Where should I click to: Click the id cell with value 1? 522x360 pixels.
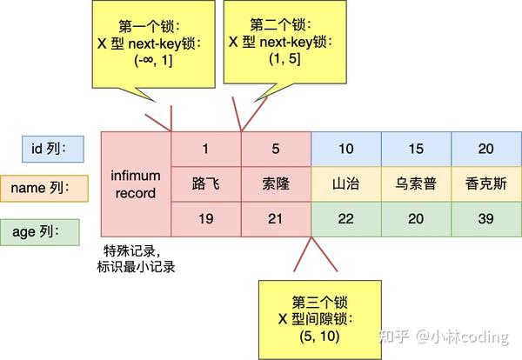[x=205, y=149]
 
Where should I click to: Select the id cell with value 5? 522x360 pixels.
[x=275, y=149]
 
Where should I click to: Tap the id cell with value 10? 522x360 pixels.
[x=345, y=149]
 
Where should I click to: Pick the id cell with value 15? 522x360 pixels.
[x=416, y=149]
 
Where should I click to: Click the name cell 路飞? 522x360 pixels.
[x=205, y=184]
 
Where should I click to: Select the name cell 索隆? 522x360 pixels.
[x=275, y=184]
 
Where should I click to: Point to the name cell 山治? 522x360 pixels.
[x=345, y=184]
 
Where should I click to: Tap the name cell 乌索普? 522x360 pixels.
[x=416, y=184]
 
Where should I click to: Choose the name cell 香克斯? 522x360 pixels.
[x=485, y=184]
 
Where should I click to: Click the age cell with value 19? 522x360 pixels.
[x=205, y=219]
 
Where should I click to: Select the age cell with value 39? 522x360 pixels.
[x=485, y=219]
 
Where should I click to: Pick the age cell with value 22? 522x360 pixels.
[x=345, y=219]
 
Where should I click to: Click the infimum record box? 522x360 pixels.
[x=136, y=184]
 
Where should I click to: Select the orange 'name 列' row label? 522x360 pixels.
[x=46, y=187]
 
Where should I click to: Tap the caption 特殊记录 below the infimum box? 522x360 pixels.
[x=128, y=252]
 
